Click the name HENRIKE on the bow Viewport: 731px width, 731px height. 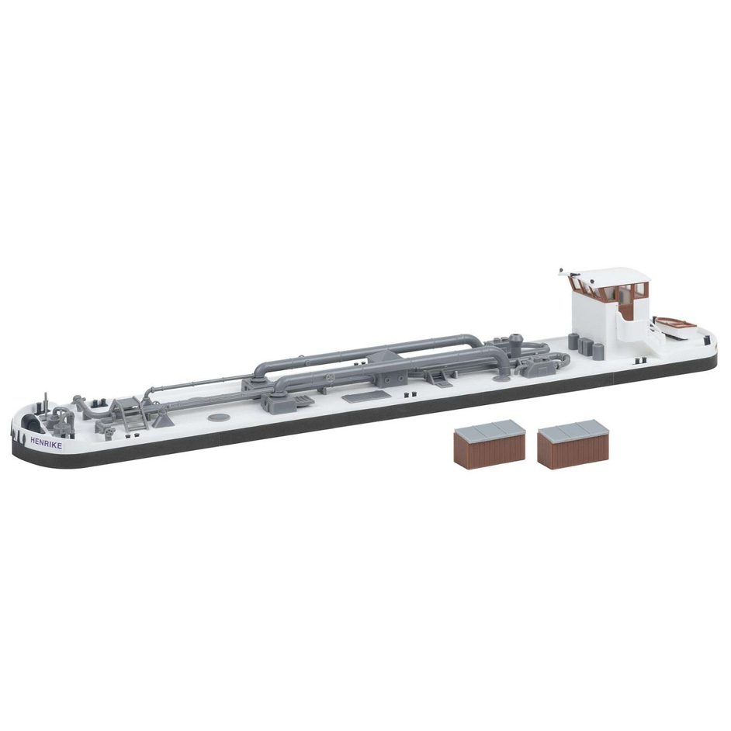[x=46, y=442]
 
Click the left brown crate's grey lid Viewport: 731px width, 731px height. [x=490, y=428]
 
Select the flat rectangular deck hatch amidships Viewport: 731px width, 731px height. [x=366, y=397]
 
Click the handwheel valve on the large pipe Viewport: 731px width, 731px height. [x=331, y=378]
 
